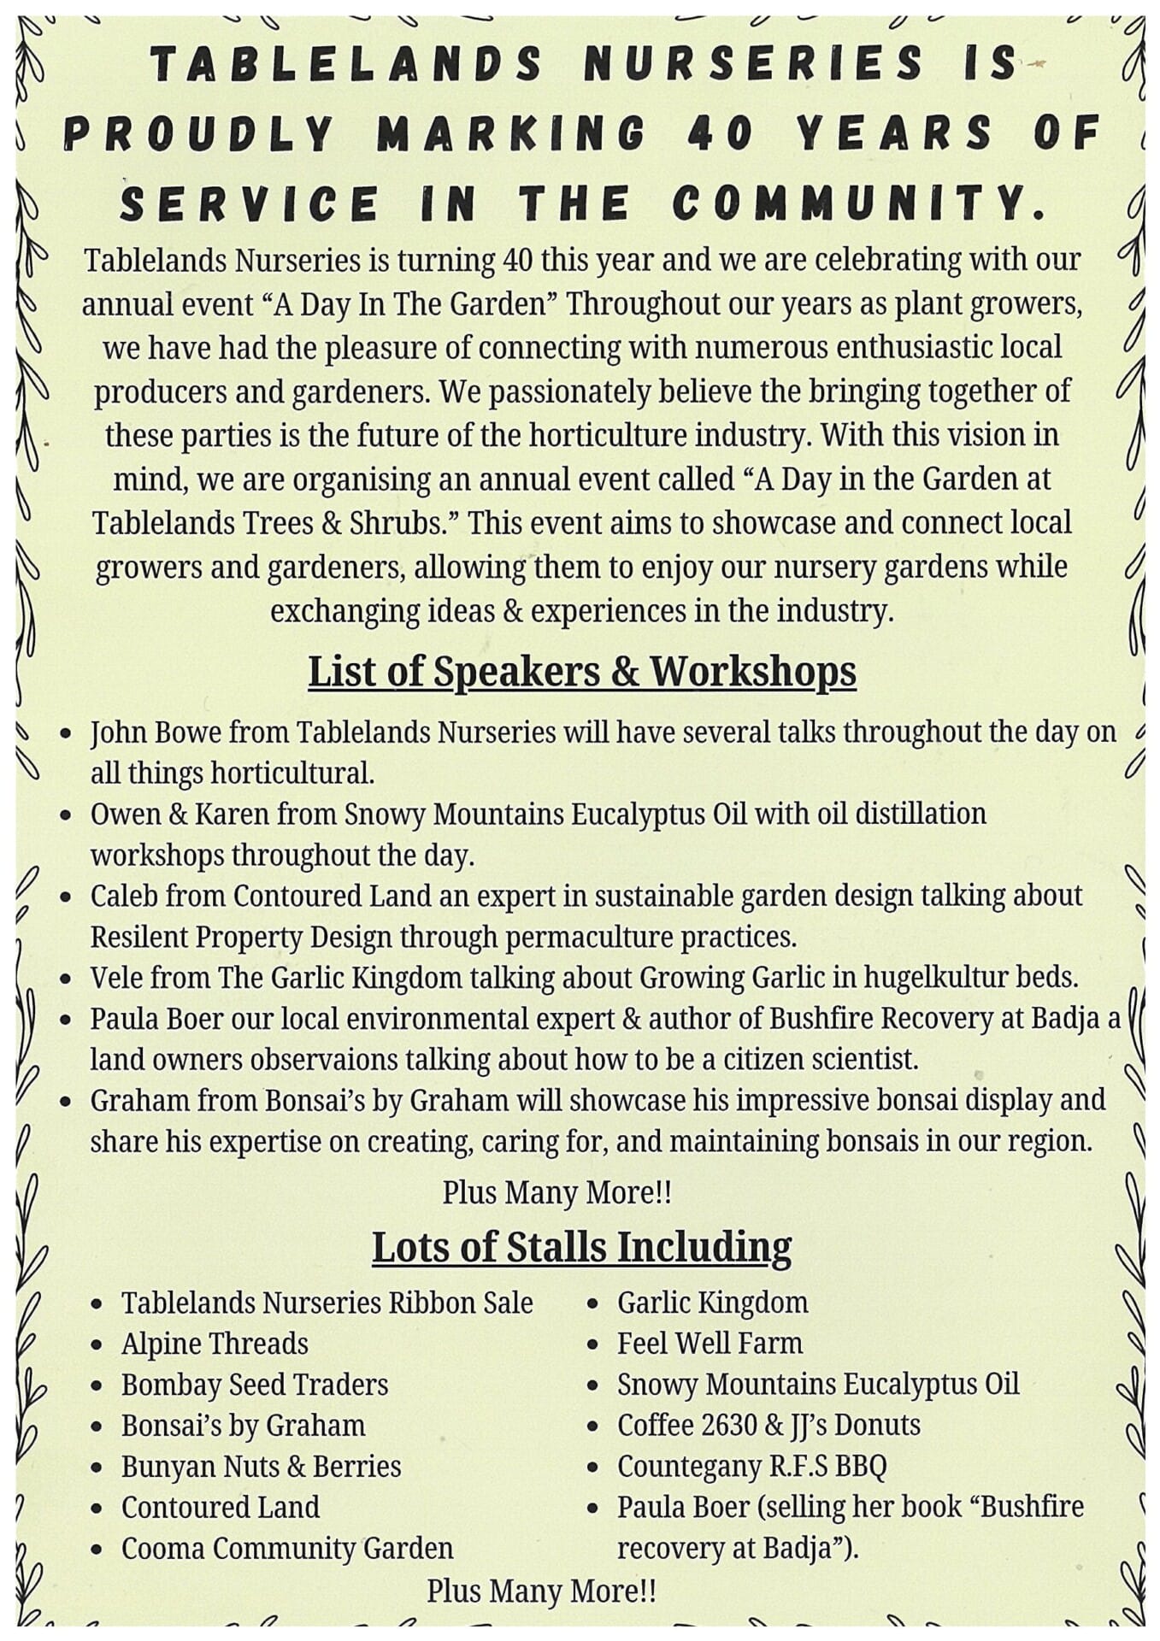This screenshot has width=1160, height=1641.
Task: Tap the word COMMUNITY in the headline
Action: (x=859, y=203)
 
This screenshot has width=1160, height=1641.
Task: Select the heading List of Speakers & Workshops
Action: (x=581, y=671)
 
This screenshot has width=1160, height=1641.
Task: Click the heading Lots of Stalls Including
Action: (x=581, y=1247)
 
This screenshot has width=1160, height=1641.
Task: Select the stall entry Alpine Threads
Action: (x=215, y=1344)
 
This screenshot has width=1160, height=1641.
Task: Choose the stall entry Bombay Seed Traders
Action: (x=255, y=1385)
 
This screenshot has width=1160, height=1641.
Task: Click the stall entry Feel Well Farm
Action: (x=710, y=1344)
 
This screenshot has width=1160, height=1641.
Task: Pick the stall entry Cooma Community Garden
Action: (x=287, y=1548)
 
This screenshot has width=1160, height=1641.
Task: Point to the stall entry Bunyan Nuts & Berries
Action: (x=261, y=1466)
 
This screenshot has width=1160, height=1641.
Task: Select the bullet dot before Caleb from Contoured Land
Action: (x=66, y=898)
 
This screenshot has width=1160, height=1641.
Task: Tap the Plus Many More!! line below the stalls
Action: (x=541, y=1591)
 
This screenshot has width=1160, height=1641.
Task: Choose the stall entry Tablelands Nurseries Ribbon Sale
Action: (x=327, y=1303)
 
